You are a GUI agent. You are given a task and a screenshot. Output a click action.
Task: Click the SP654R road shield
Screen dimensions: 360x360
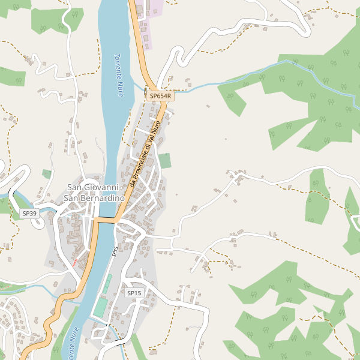coord(160,96)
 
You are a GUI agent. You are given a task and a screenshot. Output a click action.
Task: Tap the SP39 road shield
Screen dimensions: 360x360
coord(29,214)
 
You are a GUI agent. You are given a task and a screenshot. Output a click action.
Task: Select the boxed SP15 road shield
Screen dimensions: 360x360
coord(134,293)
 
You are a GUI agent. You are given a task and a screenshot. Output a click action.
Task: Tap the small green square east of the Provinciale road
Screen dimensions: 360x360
coord(164,161)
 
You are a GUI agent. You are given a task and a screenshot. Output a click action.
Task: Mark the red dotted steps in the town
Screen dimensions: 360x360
coord(74,262)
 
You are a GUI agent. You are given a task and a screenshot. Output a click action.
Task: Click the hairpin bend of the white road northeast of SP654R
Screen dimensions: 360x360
coord(178,56)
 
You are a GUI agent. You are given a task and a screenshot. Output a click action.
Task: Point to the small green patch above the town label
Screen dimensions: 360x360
coord(47,174)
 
